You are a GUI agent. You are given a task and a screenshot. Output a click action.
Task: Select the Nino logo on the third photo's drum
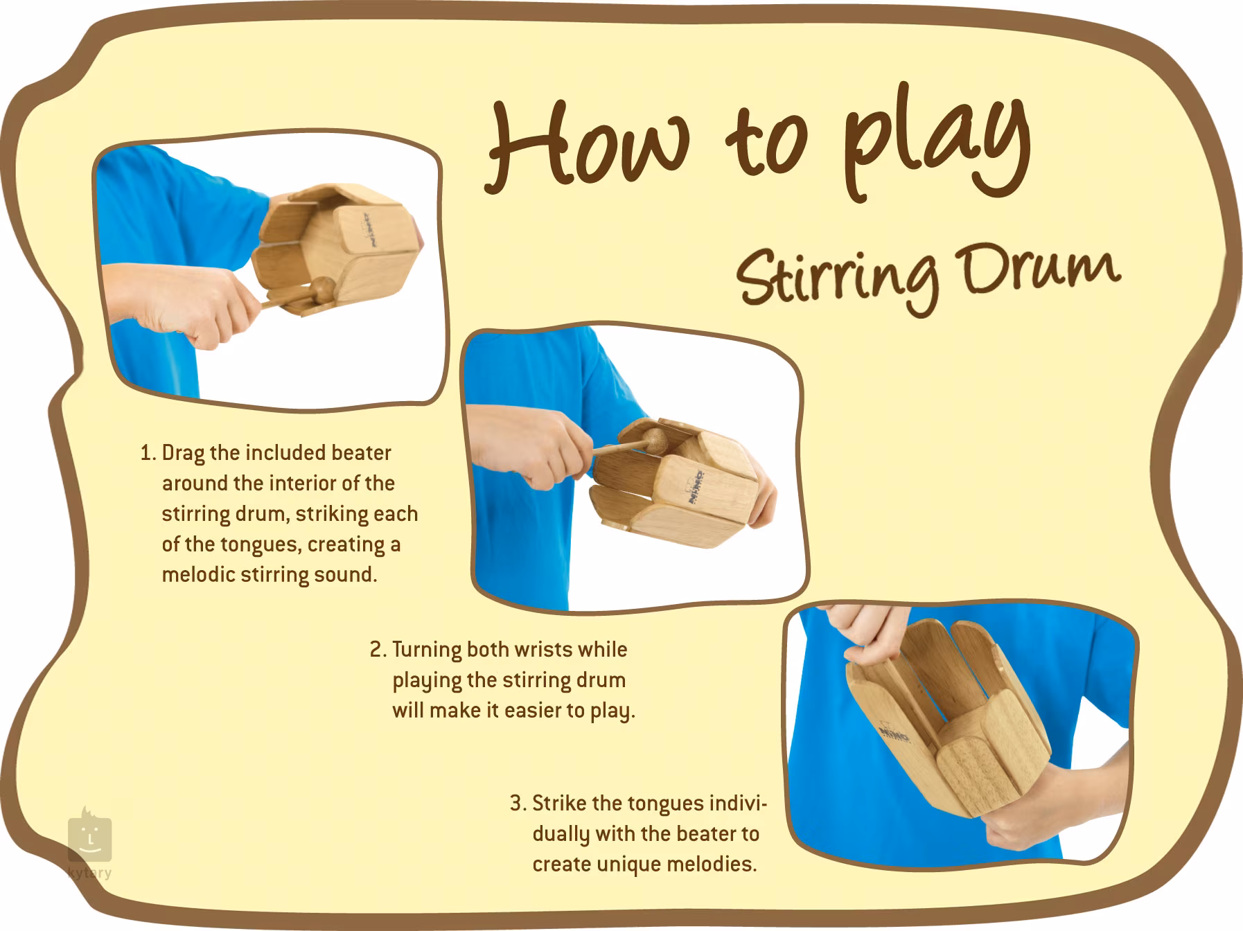click(894, 734)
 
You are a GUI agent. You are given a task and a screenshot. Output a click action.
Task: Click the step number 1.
click(147, 453)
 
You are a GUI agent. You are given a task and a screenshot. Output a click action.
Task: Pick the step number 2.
click(378, 650)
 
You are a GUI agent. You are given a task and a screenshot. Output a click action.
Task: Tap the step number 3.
click(518, 804)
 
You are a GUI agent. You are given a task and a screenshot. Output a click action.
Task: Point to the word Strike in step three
click(559, 804)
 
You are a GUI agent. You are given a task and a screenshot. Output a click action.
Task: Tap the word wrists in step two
click(548, 650)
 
